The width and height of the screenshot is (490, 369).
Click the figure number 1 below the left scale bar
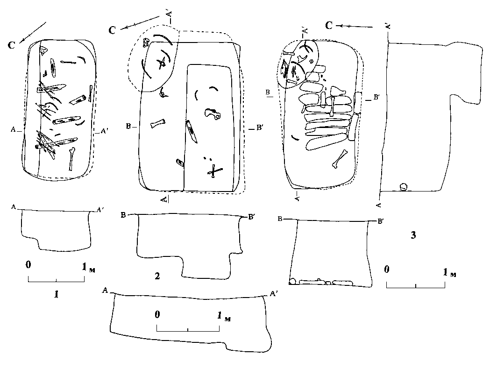[x=57, y=294]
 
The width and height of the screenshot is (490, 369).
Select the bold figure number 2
[x=157, y=276]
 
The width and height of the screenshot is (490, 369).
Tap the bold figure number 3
[x=413, y=235]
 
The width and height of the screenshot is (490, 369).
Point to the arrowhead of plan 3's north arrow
[x=340, y=26]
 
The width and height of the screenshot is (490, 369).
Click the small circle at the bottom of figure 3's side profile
[x=403, y=187]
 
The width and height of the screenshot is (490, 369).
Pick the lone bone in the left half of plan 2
[x=158, y=124]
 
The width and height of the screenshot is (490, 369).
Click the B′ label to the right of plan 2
[x=261, y=128]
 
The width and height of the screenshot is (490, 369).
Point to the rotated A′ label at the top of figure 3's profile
[x=388, y=25]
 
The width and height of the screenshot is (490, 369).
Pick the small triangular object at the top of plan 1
[x=43, y=53]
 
